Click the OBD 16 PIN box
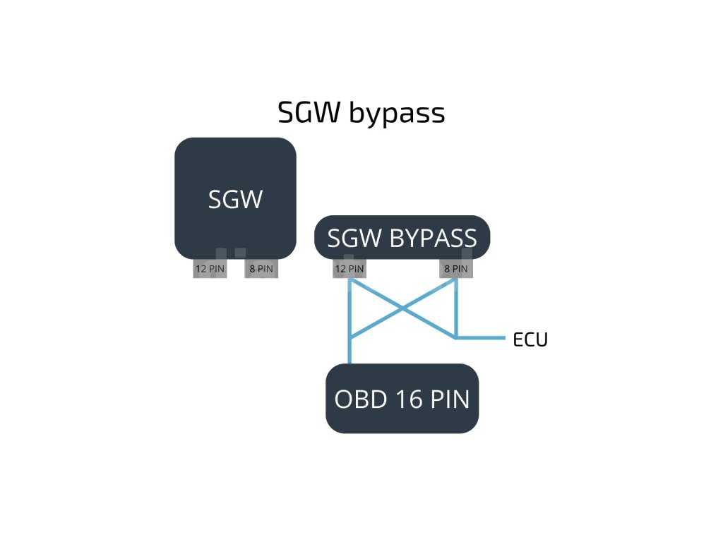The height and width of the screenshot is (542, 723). pos(402,399)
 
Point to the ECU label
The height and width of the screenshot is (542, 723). pos(530,339)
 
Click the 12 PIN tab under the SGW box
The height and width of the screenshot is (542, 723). pos(210,268)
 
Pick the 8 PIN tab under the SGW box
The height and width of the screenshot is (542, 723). pos(261,268)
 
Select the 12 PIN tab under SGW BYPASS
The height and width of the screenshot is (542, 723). pos(349,268)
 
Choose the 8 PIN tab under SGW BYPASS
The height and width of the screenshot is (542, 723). pos(455,268)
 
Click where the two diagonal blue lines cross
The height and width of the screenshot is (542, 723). pos(402,308)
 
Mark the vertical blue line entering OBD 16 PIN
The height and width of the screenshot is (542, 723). pos(349,351)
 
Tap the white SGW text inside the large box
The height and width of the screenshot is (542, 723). pos(235,200)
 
